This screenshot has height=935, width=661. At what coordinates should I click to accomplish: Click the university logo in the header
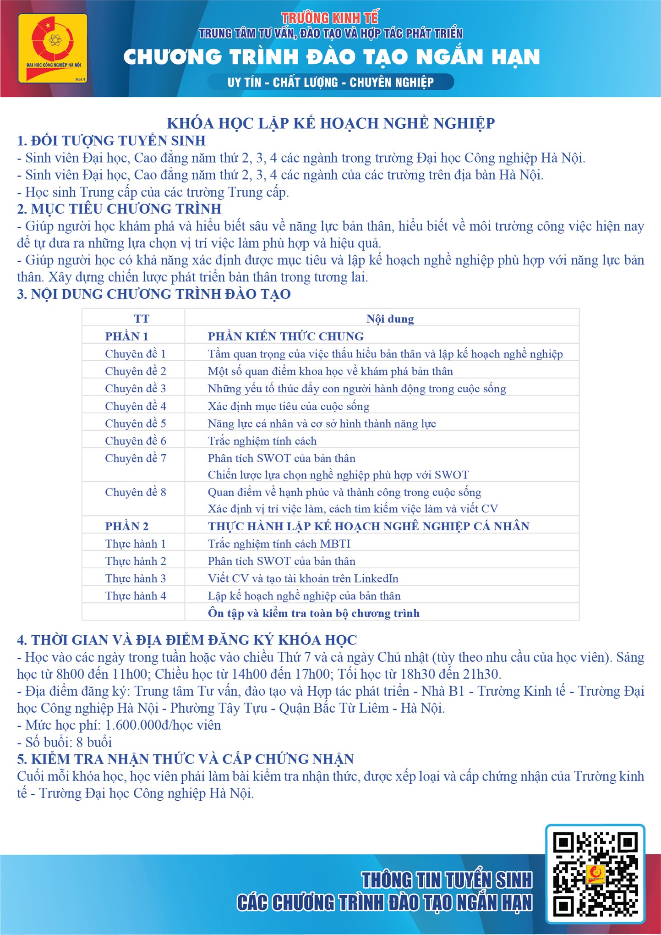click(53, 49)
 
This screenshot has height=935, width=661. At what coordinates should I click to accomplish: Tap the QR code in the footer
click(595, 874)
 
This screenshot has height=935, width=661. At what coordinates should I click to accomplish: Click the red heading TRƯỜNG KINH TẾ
click(330, 18)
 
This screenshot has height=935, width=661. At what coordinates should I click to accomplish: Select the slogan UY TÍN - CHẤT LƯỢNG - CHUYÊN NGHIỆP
click(330, 82)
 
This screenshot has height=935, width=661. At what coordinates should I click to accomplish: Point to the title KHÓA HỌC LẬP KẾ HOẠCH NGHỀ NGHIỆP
click(330, 123)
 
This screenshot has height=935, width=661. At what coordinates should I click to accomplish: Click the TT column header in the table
click(141, 319)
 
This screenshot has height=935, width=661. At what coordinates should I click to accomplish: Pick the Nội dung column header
click(390, 319)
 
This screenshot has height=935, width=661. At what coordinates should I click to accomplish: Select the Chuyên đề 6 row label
click(136, 441)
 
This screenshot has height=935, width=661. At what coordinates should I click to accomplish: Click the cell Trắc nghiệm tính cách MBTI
click(279, 544)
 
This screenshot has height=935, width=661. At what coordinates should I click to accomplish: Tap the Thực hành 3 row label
click(136, 578)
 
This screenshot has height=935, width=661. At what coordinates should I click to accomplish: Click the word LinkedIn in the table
click(376, 578)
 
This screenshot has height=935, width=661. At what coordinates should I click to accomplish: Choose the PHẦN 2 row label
click(127, 526)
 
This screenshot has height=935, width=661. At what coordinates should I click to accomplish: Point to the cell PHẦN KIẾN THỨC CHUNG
click(286, 336)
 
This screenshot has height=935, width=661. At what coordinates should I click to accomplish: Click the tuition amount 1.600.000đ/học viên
click(163, 725)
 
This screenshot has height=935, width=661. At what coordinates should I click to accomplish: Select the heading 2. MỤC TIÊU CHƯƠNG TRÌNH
click(119, 209)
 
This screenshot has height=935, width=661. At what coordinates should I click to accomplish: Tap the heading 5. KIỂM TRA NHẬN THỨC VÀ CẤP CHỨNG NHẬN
click(185, 759)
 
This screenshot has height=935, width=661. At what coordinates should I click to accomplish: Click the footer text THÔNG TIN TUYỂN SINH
click(447, 880)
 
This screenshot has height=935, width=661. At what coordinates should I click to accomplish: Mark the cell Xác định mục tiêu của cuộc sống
click(289, 406)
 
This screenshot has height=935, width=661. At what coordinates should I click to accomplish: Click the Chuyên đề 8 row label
click(136, 492)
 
